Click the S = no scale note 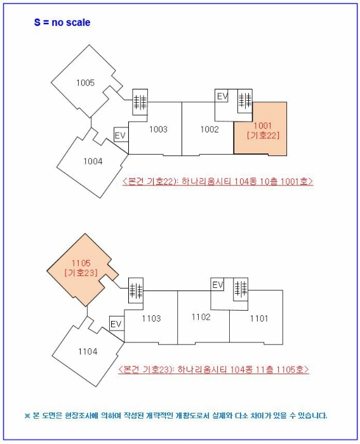(x=62, y=23)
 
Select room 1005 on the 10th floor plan (x=85, y=82)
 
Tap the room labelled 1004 (x=93, y=161)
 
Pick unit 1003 (x=158, y=129)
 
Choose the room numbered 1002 (x=209, y=129)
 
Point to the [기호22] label (x=263, y=135)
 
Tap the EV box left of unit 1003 (x=121, y=135)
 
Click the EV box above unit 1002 (x=222, y=96)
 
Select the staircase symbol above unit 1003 (x=140, y=100)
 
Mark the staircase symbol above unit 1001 (x=244, y=100)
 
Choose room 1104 (x=88, y=351)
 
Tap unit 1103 (x=151, y=318)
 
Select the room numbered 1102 (x=201, y=317)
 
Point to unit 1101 (x=258, y=318)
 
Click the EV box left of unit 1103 (x=116, y=324)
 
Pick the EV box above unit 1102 (x=218, y=285)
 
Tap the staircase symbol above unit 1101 (x=240, y=289)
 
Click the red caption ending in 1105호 (x=213, y=369)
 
